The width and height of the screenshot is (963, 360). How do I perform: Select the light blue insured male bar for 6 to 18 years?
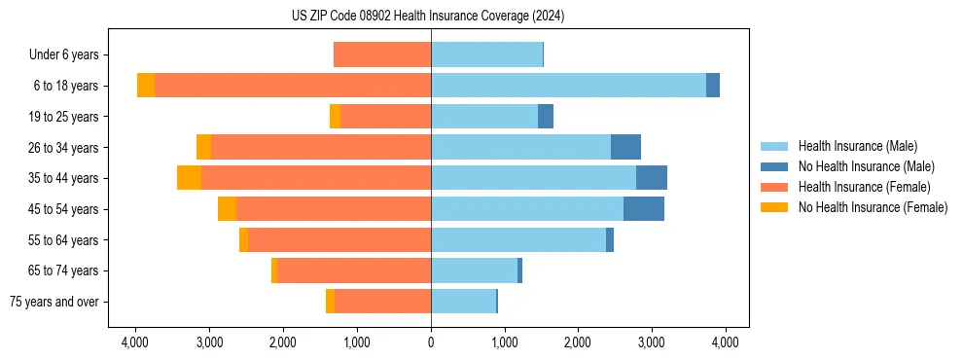(568, 86)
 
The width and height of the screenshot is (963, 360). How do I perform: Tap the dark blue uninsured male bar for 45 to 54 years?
(643, 209)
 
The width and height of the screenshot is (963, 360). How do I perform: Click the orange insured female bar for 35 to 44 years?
(316, 178)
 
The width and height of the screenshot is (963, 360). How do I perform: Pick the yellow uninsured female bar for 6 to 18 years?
(146, 86)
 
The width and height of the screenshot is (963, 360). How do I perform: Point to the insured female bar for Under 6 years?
(382, 54)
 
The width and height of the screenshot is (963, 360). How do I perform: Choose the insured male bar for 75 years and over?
(463, 302)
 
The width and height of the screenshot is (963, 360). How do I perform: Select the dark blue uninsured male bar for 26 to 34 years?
(625, 147)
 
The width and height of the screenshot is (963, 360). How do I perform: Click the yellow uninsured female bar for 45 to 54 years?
(227, 209)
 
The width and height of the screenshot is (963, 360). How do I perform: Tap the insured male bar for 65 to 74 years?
(474, 270)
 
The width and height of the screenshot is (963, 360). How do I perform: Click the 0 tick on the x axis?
(431, 342)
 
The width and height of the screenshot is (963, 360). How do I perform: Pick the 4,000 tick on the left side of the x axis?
(135, 342)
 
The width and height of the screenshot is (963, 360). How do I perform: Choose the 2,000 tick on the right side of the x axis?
(578, 342)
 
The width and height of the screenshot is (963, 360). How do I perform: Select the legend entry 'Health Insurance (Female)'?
(864, 187)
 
